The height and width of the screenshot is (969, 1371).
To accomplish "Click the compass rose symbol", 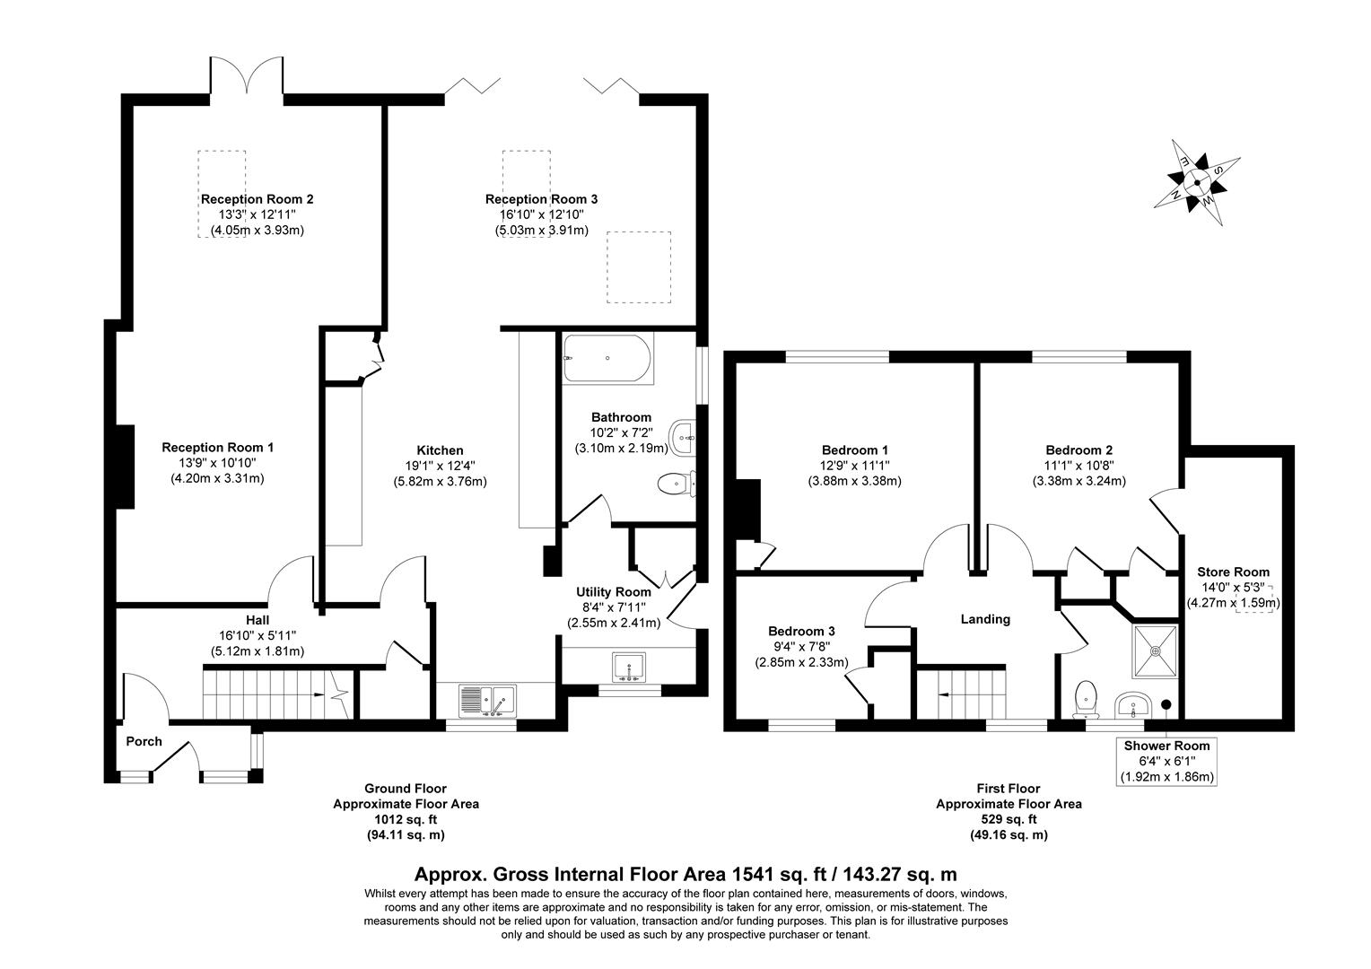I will click(1197, 182).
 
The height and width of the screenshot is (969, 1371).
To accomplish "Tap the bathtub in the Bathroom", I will click(607, 359).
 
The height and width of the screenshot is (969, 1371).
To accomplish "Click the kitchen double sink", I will click(486, 699).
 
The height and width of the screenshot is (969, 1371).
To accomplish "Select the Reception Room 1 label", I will click(217, 447).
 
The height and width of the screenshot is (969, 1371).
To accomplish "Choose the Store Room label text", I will click(1233, 572).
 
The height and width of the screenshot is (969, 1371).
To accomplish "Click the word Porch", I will click(144, 741).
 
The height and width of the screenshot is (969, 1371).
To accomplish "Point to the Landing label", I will click(985, 619).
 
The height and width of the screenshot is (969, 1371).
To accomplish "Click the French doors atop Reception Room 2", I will click(248, 75).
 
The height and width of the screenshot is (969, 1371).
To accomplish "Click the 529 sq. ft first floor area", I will click(1009, 819).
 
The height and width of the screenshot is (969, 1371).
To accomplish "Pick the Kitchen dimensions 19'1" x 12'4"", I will click(440, 466).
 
